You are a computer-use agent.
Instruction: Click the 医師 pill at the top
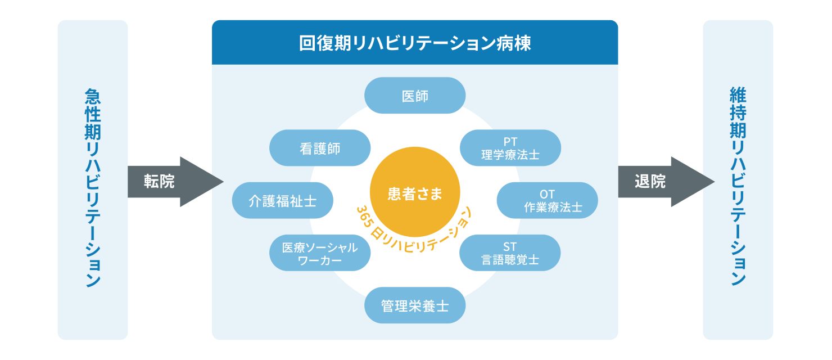[415, 96]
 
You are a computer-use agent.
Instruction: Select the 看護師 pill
[320, 148]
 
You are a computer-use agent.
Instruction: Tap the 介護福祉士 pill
[283, 200]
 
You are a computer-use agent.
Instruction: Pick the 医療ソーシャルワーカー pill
[320, 253]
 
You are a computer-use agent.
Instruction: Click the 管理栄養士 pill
[415, 305]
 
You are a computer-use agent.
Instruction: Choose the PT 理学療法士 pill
[510, 148]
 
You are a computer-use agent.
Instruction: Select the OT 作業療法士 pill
[547, 200]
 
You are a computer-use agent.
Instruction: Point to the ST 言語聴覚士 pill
[510, 253]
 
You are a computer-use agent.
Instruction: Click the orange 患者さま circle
[415, 192]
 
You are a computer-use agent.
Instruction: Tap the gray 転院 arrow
[175, 182]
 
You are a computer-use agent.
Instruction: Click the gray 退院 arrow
[666, 182]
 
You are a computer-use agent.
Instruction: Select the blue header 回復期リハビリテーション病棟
[415, 43]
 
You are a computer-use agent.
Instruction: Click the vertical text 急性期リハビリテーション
[93, 188]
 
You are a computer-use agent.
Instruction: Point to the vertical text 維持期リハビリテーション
[738, 186]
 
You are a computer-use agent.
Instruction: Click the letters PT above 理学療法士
[510, 142]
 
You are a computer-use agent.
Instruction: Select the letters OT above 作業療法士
[547, 194]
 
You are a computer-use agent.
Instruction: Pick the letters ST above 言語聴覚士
[510, 247]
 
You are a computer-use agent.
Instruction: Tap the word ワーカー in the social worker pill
[320, 260]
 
